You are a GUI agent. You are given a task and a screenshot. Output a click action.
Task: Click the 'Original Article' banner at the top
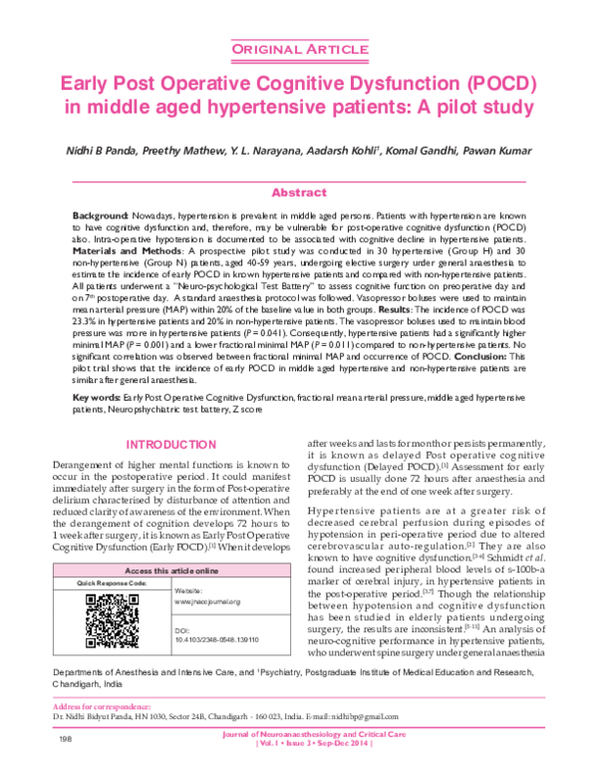coord(299,49)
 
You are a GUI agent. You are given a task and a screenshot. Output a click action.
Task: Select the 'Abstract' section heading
coord(299,193)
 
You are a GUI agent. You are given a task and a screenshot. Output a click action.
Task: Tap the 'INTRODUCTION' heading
coord(167,444)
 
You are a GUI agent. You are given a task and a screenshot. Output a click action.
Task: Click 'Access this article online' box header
coord(166,570)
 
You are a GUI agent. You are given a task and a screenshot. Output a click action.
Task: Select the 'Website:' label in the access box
coord(217,591)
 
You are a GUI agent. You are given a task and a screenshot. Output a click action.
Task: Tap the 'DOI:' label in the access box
coord(211,631)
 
